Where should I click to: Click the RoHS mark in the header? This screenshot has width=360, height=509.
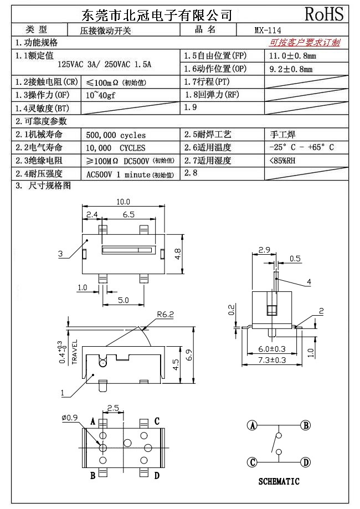(325, 14)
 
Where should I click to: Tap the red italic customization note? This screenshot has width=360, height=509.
(305, 43)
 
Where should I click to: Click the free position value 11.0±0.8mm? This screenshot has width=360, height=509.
(292, 56)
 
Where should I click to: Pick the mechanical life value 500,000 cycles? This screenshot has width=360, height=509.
(116, 135)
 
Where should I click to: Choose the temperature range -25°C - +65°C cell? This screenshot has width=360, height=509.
(301, 148)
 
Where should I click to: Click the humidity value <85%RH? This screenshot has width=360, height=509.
(282, 161)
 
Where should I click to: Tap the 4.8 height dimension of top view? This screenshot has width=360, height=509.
(178, 254)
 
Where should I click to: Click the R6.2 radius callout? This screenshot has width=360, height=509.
(165, 315)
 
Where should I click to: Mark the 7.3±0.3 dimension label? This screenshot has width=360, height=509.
(272, 360)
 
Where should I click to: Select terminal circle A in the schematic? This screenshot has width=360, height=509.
(253, 425)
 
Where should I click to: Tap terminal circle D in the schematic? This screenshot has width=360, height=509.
(306, 462)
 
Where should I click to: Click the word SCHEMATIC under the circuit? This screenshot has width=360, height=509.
(279, 481)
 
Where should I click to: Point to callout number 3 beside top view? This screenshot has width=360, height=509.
(60, 254)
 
